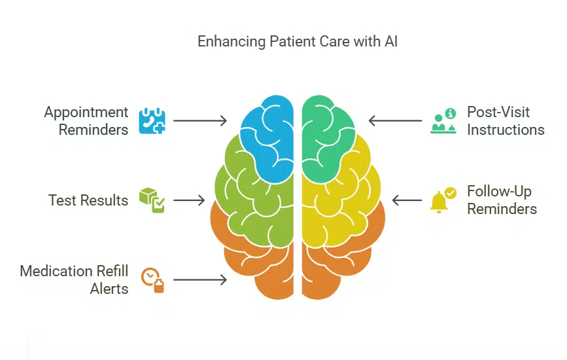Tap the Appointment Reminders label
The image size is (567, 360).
pyautogui.click(x=86, y=121)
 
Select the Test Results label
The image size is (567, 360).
pyautogui.click(x=88, y=200)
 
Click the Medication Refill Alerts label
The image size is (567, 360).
pyautogui.click(x=74, y=279)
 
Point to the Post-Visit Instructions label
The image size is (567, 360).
pyautogui.click(x=505, y=120)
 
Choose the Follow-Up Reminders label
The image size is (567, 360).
pyautogui.click(x=502, y=200)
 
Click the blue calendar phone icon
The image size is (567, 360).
pyautogui.click(x=152, y=121)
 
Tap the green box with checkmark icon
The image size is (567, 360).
pyautogui.click(x=152, y=200)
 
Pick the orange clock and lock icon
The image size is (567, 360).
pyautogui.click(x=152, y=279)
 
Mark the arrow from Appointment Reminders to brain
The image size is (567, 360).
pyautogui.click(x=200, y=121)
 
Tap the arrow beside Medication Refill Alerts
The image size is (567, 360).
pyautogui.click(x=200, y=279)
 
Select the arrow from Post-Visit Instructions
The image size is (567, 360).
pyautogui.click(x=396, y=121)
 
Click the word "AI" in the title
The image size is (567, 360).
pyautogui.click(x=390, y=42)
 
